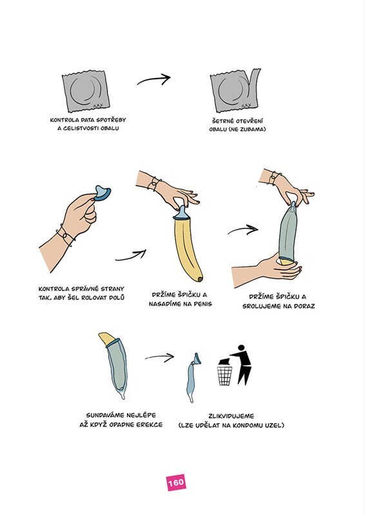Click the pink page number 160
[176, 482]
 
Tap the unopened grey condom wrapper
[86, 92]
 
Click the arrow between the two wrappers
[153, 79]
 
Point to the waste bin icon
[225, 375]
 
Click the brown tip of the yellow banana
[200, 279]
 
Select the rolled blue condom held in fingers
[102, 193]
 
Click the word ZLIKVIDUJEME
[232, 416]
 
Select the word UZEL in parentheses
[275, 425]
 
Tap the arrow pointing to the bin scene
[159, 357]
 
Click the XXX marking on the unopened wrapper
[98, 105]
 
